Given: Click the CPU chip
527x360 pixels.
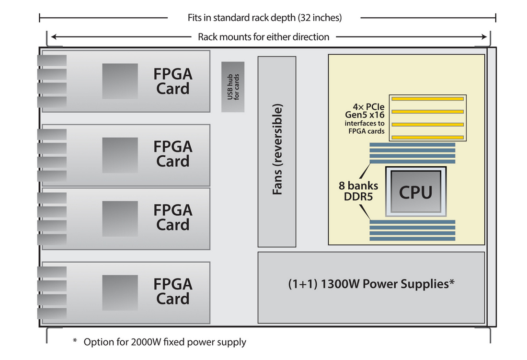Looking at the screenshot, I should coord(416,192).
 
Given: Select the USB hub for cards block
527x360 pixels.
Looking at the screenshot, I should coord(233,87).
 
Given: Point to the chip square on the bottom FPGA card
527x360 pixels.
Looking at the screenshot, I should coord(120,292).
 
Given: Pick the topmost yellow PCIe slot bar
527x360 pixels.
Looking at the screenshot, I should coord(427,99).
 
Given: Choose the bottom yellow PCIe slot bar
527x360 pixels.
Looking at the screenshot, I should coord(427,138).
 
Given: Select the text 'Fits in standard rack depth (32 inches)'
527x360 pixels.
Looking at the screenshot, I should coord(264,18).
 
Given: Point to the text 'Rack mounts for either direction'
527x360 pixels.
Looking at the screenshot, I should coord(263,37).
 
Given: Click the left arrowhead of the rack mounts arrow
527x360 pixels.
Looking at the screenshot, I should coord(54,37).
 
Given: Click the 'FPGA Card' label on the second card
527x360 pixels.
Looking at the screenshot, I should coord(173,154).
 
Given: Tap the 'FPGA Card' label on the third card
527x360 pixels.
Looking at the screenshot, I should coord(173,217).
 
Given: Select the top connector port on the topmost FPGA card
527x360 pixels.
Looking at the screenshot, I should coord(52,61).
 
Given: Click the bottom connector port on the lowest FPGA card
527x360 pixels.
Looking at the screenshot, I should coord(52,315).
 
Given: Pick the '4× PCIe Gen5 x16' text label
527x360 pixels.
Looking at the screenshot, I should coord(365,111).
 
